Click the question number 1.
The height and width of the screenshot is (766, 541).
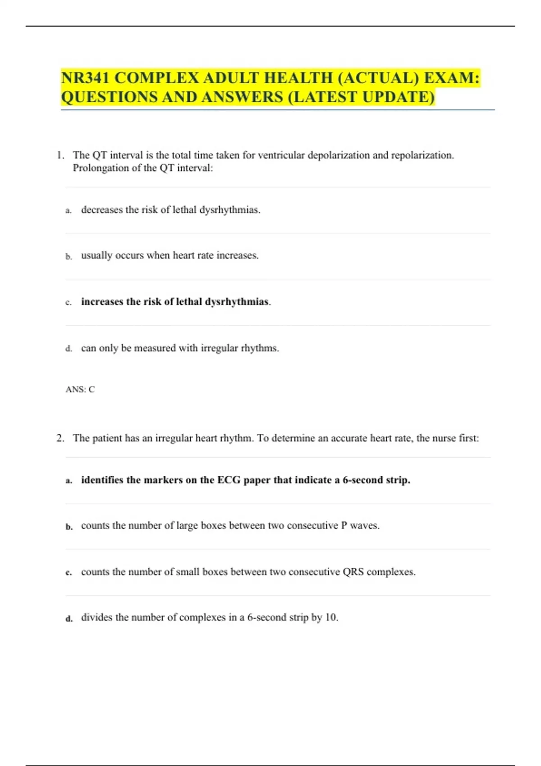[x=60, y=155]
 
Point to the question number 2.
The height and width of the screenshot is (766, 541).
[x=60, y=438]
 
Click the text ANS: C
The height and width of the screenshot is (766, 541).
[x=80, y=389]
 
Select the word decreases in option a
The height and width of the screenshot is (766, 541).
[x=102, y=210]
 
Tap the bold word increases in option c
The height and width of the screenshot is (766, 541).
[x=102, y=301]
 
